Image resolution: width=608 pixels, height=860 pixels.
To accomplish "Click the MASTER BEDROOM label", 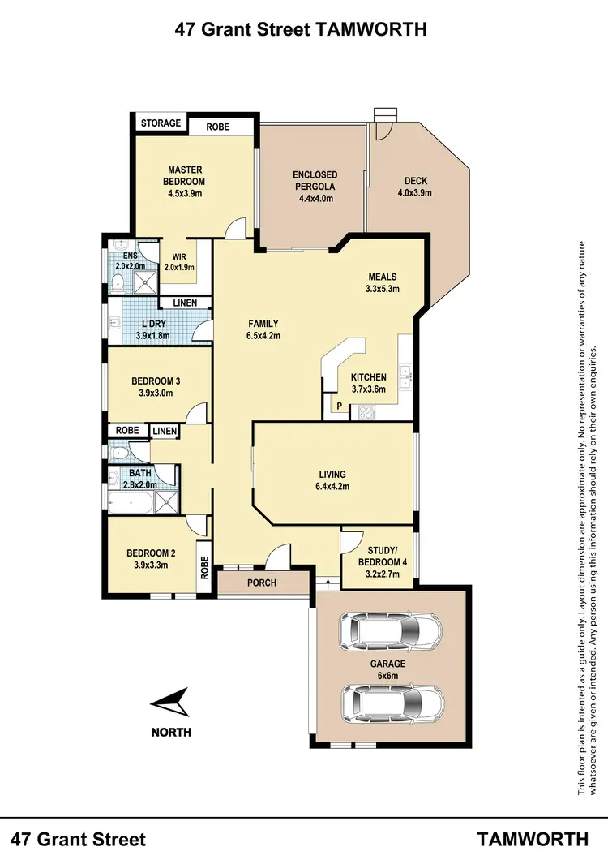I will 185,175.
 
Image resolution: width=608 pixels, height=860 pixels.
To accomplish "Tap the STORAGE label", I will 161,123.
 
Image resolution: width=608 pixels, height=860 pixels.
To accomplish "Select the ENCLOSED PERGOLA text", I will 315,180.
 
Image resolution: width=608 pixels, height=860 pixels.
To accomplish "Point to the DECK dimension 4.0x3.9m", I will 414,193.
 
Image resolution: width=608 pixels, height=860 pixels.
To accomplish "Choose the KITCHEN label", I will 368,377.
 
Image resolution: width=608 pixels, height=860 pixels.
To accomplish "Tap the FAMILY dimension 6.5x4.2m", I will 263,336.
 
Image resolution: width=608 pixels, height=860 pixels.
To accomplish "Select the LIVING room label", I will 332,475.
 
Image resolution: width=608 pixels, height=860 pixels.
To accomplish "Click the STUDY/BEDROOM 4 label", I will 379,555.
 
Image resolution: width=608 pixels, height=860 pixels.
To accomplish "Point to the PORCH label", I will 261,583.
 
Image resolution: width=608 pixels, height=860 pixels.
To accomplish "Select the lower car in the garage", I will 393,699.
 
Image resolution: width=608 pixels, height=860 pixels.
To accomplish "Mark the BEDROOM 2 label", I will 152,554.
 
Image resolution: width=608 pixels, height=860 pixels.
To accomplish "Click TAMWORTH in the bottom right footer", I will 532,838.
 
